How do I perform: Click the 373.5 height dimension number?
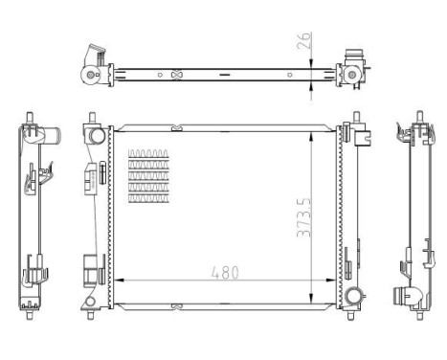(x=304, y=218)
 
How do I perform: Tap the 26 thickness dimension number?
(x=305, y=43)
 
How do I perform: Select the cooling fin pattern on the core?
(x=148, y=177)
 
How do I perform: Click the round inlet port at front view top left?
(x=98, y=136)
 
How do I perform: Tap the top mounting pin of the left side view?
(x=28, y=119)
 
